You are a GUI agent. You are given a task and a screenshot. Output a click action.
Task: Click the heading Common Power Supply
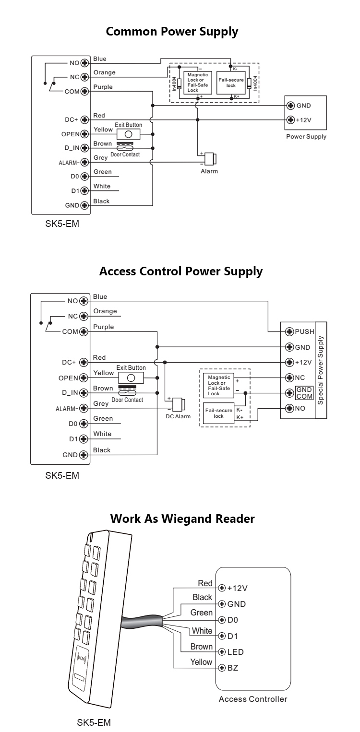pyautogui.click(x=172, y=32)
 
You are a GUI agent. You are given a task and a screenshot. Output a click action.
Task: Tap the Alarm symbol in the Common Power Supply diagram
pyautogui.click(x=209, y=159)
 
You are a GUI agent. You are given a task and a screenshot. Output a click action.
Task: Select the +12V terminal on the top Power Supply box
pyautogui.click(x=290, y=120)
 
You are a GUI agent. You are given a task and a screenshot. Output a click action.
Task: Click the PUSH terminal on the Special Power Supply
pyautogui.click(x=289, y=331)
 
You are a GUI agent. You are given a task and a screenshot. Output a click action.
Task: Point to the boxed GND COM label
pyautogui.click(x=304, y=393)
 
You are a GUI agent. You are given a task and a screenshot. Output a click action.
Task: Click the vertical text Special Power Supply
pyautogui.click(x=321, y=370)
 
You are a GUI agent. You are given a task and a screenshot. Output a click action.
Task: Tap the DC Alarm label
pyautogui.click(x=178, y=416)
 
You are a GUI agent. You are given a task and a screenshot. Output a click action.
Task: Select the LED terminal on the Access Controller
pyautogui.click(x=222, y=652)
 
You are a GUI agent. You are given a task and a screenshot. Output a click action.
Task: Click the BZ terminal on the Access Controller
pyautogui.click(x=222, y=668)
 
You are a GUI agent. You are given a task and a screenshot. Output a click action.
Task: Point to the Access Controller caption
pyautogui.click(x=252, y=699)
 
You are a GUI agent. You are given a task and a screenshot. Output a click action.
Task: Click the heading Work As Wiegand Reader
pyautogui.click(x=182, y=519)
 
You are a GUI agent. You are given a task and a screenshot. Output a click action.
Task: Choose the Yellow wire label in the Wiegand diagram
pyautogui.click(x=201, y=662)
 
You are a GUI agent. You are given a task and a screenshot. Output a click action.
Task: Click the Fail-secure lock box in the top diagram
pyautogui.click(x=231, y=83)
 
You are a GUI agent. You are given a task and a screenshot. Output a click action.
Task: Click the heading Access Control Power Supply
pyautogui.click(x=180, y=272)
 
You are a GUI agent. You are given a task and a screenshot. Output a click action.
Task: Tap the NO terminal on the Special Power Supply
pyautogui.click(x=289, y=409)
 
